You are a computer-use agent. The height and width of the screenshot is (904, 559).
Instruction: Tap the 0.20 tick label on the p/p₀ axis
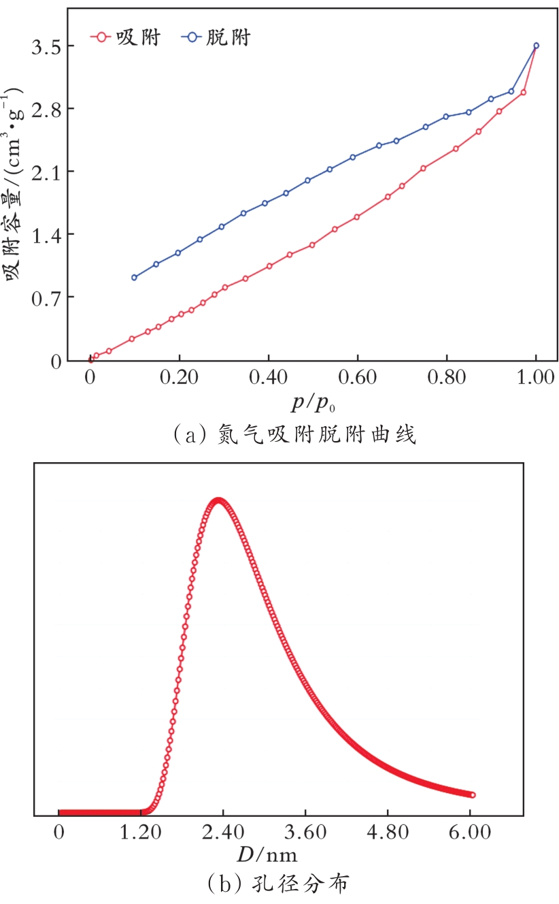179,379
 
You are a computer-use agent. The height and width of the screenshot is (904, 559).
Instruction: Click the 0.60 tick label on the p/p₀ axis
357,379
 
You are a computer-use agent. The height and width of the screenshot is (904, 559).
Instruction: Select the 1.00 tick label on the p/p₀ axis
535,379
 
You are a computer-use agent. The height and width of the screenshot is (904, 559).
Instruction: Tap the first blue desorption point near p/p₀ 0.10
135,277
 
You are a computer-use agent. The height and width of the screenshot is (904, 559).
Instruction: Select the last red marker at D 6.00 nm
473,795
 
